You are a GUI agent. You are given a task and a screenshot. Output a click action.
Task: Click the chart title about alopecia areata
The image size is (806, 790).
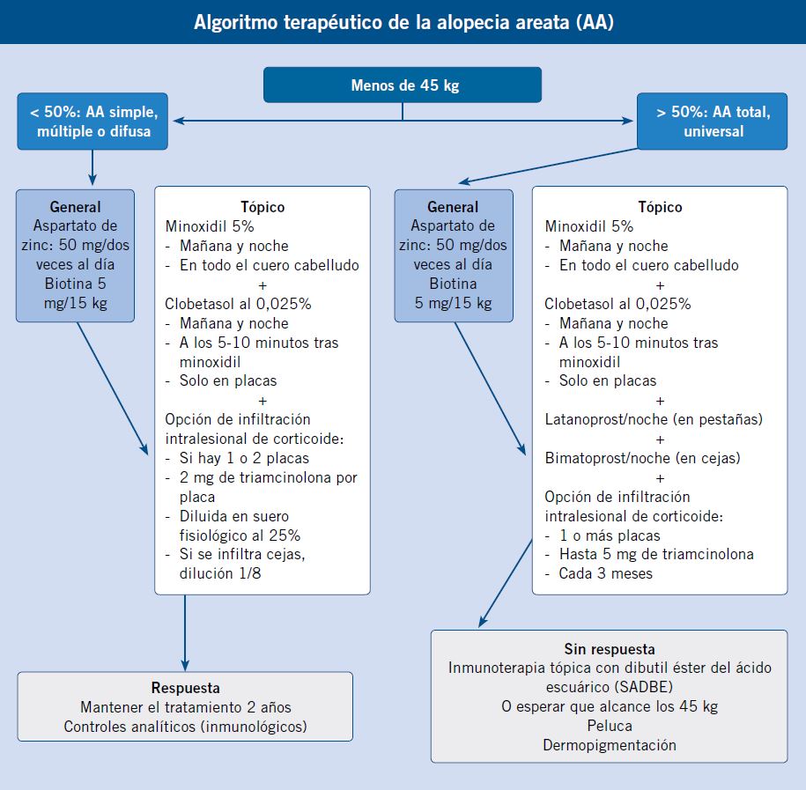tap(403, 22)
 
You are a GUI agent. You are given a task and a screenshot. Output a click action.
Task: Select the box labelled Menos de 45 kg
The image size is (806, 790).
tap(403, 85)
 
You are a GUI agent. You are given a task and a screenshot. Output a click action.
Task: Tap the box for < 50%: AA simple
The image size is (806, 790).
tap(92, 122)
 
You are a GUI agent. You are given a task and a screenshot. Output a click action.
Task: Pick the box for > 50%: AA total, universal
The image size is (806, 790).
tap(713, 122)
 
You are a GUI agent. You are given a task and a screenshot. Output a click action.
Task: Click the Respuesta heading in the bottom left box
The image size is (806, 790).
tap(186, 688)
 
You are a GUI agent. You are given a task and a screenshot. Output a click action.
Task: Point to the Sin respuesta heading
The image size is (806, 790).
tap(610, 649)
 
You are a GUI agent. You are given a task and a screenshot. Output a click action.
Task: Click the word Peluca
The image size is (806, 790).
tap(610, 726)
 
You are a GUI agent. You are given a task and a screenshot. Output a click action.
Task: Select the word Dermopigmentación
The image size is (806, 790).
tap(610, 745)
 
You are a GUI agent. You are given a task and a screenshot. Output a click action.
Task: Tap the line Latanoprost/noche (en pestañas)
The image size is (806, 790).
tap(654, 419)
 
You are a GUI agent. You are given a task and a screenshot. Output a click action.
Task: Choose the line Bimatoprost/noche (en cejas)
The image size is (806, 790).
tap(642, 458)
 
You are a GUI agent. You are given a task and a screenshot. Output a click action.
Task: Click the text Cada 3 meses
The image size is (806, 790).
tap(605, 573)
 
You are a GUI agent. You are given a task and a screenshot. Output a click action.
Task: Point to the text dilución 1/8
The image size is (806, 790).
tap(220, 573)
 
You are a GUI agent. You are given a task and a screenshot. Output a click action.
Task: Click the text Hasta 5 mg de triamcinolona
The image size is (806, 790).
tap(656, 554)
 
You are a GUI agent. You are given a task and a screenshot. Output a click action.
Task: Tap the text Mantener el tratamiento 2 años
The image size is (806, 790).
tap(186, 707)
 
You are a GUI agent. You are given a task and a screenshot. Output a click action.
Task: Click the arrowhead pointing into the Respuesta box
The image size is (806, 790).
tap(185, 666)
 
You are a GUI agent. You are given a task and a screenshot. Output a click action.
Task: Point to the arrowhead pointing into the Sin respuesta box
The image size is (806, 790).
tap(482, 622)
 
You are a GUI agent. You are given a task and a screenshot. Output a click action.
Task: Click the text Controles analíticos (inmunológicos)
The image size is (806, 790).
tap(186, 727)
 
